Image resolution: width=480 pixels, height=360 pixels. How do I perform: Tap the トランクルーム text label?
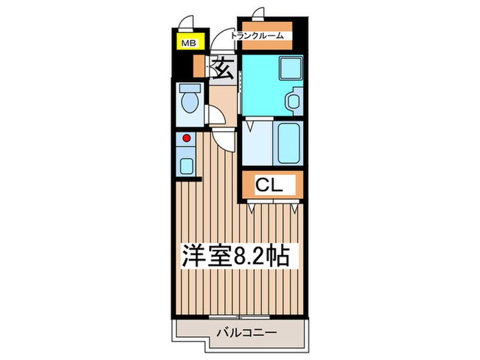click(256, 36)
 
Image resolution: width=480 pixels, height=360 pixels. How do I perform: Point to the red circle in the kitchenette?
click(185, 138)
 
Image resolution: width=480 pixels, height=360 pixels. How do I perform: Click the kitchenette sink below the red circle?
click(185, 164)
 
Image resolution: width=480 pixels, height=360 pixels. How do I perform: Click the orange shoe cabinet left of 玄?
click(200, 67)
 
